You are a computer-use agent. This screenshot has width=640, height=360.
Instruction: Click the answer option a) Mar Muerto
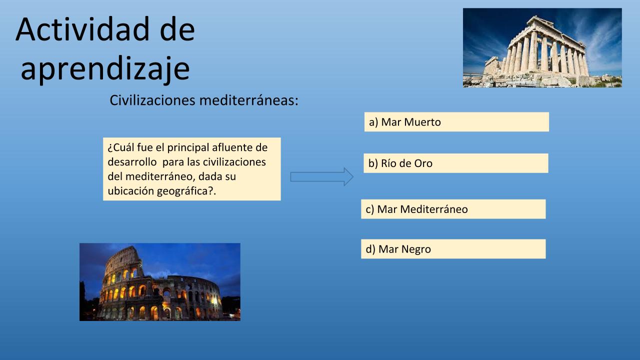[456, 122]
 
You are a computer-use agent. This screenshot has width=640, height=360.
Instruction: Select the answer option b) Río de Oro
[456, 163]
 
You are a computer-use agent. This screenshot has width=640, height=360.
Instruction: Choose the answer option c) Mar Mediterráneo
[453, 209]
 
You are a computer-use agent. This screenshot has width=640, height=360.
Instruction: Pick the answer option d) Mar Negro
[453, 249]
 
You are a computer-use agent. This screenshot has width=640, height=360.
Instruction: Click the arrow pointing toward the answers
[321, 177]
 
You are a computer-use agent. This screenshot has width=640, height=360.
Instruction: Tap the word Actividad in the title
[83, 29]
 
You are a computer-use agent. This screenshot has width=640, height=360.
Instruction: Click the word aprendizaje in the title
[105, 69]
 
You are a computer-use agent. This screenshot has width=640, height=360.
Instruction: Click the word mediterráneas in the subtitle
[249, 100]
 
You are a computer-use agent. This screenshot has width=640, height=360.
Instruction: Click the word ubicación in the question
[131, 191]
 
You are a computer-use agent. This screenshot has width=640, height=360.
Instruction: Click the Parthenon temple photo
[542, 47]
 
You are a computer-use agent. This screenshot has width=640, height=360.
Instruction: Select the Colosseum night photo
[160, 282]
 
